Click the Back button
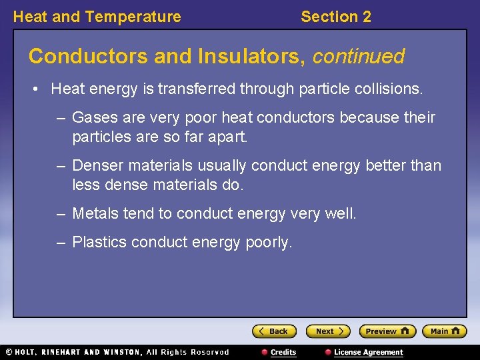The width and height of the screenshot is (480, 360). tap(274, 331)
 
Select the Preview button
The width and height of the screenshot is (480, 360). tap(387, 331)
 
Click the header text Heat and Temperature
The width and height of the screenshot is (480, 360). tap(97, 17)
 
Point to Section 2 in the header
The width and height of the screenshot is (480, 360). tap(335, 17)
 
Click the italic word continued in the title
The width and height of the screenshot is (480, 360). tap(358, 57)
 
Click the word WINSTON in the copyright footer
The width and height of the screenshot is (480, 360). tap(121, 352)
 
